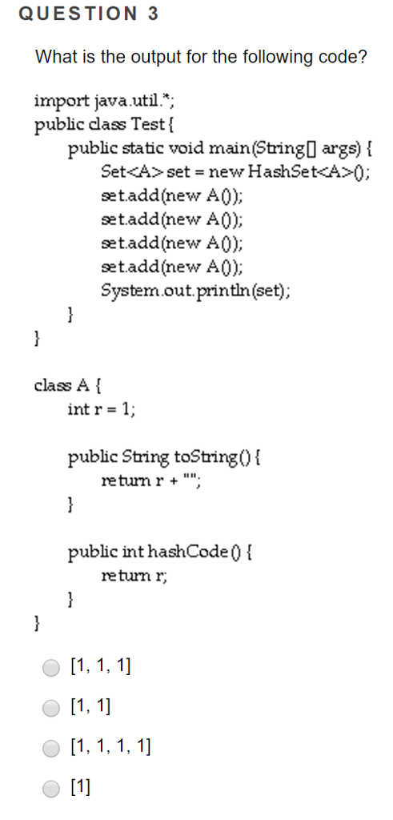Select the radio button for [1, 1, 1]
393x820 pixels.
tap(52, 665)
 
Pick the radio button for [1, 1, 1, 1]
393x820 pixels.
tap(52, 748)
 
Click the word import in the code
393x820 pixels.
tap(59, 102)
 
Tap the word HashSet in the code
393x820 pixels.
tap(284, 171)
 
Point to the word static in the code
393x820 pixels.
tap(151, 148)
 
